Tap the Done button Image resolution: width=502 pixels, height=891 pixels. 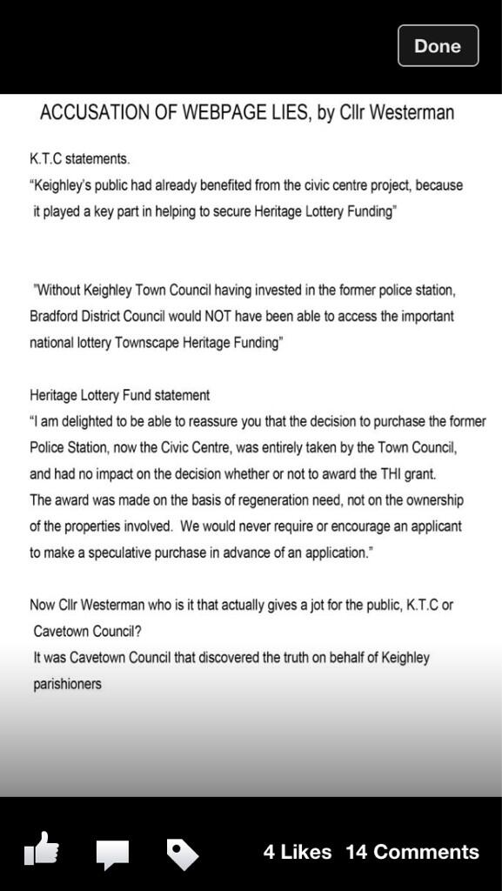click(x=438, y=46)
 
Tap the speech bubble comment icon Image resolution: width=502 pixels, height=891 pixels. click(x=112, y=854)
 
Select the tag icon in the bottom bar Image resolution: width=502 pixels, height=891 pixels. click(x=182, y=854)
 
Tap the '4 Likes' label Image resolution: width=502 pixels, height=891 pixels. click(x=297, y=852)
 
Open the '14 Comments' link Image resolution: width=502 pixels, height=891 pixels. click(x=412, y=852)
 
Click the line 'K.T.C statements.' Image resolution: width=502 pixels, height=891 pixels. click(x=80, y=160)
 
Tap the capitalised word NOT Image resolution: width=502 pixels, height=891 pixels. click(x=255, y=316)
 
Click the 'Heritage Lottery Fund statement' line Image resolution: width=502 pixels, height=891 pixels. click(x=120, y=395)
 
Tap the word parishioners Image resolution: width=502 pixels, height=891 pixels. click(x=66, y=684)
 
